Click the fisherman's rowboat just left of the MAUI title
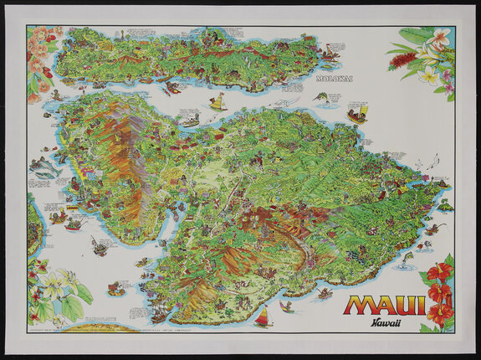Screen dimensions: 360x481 (x=325, y=293)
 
